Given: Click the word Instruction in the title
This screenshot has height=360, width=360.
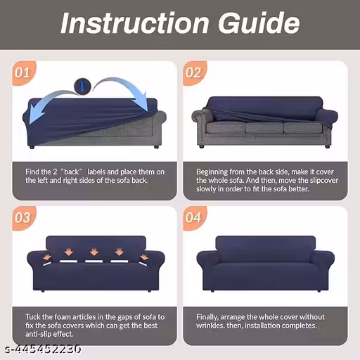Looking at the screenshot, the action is [135, 23].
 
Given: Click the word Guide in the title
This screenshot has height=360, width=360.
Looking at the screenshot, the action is [259, 22].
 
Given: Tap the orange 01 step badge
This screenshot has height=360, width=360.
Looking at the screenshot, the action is [24, 73].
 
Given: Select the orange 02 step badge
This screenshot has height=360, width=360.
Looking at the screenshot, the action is [195, 73].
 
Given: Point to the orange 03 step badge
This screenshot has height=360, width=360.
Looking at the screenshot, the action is [24, 218].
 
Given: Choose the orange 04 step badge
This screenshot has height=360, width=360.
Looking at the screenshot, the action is [195, 218].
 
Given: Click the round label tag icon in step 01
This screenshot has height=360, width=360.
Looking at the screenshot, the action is [82, 86].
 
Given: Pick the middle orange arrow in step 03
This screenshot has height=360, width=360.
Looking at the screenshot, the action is [94, 252].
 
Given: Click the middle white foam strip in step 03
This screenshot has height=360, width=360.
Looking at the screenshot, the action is [94, 262].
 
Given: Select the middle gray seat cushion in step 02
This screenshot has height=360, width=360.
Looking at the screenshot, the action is [264, 127].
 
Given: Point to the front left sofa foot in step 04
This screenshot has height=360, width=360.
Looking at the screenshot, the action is [212, 291].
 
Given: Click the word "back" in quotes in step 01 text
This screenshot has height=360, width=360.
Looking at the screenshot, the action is [71, 172].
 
